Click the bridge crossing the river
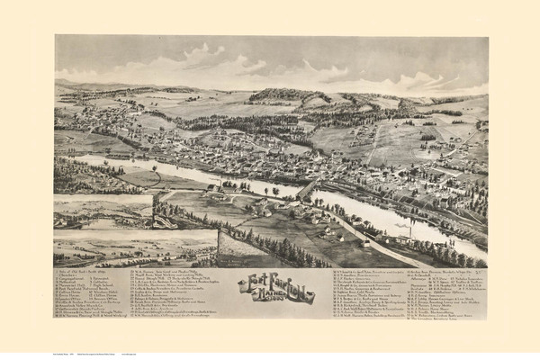[x=307, y=188]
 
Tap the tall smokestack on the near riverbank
[x=411, y=231]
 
